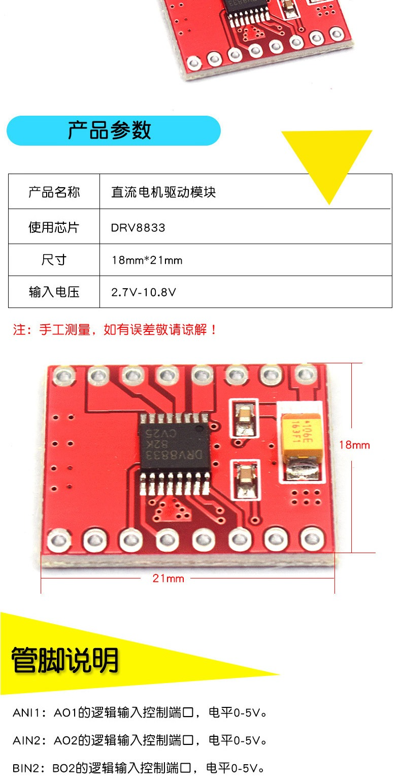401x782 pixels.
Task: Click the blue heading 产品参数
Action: pos(109,130)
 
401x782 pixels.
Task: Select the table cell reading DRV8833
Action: pos(138,228)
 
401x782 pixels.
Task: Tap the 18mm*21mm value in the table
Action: pos(147,260)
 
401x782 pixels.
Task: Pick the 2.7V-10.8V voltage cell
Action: pos(144,292)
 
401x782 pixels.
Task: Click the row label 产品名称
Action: pos(54,192)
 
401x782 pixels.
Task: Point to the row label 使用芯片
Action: pos(54,227)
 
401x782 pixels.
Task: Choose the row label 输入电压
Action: pos(54,292)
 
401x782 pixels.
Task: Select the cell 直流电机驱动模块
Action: pos(163,192)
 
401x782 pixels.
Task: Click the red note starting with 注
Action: pos(115,329)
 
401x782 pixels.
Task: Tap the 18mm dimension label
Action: pos(354,445)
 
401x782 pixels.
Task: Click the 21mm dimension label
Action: pos(168,579)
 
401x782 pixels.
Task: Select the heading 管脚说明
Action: pos(65,660)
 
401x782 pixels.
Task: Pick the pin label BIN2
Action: pos(26,768)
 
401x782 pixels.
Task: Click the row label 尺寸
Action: pos(54,260)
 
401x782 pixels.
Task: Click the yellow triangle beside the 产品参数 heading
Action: pos(327,160)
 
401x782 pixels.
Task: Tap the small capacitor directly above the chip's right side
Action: pos(244,418)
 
